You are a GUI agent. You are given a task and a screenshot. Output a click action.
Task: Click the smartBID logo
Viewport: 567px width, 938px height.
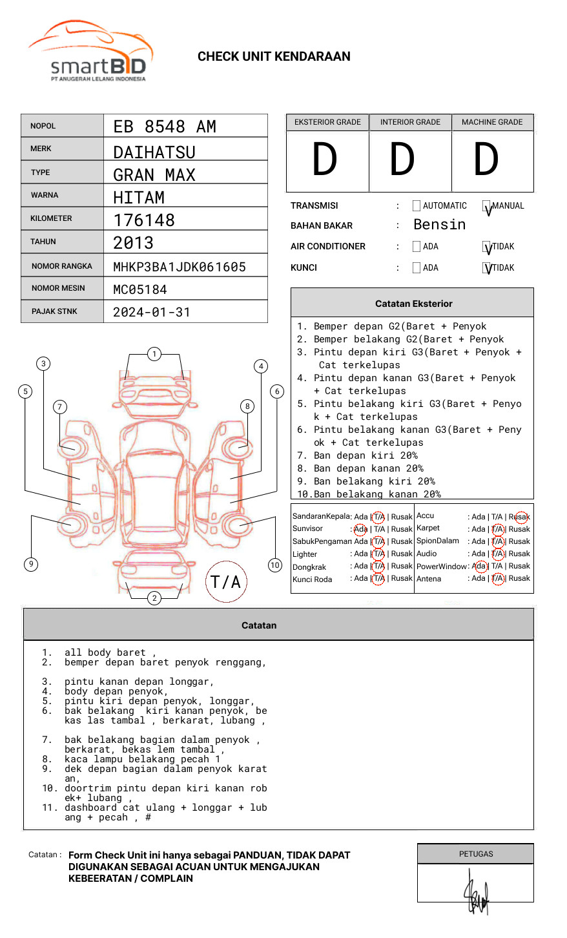tap(91, 52)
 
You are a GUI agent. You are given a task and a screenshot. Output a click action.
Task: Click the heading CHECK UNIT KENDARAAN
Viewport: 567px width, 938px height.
tap(274, 57)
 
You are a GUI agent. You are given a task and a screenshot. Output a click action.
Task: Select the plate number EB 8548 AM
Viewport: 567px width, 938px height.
tap(165, 127)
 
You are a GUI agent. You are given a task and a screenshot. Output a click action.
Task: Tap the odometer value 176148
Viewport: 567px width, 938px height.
tap(144, 220)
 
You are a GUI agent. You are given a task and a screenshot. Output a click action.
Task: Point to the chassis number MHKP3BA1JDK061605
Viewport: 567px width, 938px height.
tap(180, 267)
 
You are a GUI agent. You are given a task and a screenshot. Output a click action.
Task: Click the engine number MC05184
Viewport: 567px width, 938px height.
tap(140, 289)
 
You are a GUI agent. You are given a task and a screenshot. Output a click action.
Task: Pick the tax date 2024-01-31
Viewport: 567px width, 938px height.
tap(152, 312)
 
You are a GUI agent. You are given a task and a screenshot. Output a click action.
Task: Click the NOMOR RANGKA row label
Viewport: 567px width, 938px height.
tap(62, 266)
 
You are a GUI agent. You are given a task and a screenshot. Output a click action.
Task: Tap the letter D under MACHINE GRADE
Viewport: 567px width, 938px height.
tap(486, 160)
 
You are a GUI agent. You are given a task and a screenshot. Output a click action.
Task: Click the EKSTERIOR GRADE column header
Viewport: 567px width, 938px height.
tap(327, 122)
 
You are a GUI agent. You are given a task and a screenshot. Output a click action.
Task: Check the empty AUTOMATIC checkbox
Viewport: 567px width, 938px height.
tap(416, 206)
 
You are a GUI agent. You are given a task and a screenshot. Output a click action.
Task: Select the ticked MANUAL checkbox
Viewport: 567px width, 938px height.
tap(486, 207)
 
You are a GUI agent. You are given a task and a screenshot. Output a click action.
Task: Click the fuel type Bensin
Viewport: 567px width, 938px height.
tap(439, 225)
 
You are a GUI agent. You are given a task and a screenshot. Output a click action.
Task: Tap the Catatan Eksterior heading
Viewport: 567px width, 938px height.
tap(413, 304)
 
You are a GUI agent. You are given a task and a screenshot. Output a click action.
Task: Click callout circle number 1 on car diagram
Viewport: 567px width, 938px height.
tap(154, 353)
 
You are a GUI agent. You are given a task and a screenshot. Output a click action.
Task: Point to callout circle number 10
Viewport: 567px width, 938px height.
tap(275, 565)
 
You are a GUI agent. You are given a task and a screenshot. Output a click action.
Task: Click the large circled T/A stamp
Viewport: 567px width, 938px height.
tap(226, 581)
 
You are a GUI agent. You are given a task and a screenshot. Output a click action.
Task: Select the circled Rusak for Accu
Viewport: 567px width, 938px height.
tap(521, 517)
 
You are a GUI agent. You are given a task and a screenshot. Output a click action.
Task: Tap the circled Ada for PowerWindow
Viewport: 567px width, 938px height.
tap(479, 566)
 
